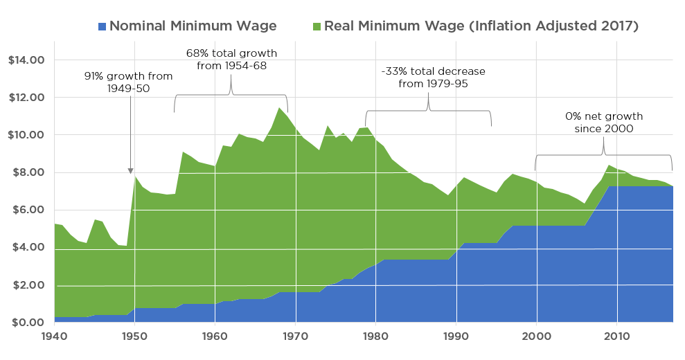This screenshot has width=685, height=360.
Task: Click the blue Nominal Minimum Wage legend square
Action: coord(103,27)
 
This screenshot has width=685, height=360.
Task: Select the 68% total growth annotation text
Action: coord(231,60)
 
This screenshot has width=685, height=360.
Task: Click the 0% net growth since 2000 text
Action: coord(603,123)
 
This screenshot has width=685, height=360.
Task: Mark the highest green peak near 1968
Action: coord(279,108)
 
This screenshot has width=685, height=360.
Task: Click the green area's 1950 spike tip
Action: coord(134,176)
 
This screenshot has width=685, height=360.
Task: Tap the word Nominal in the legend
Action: coord(136,26)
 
